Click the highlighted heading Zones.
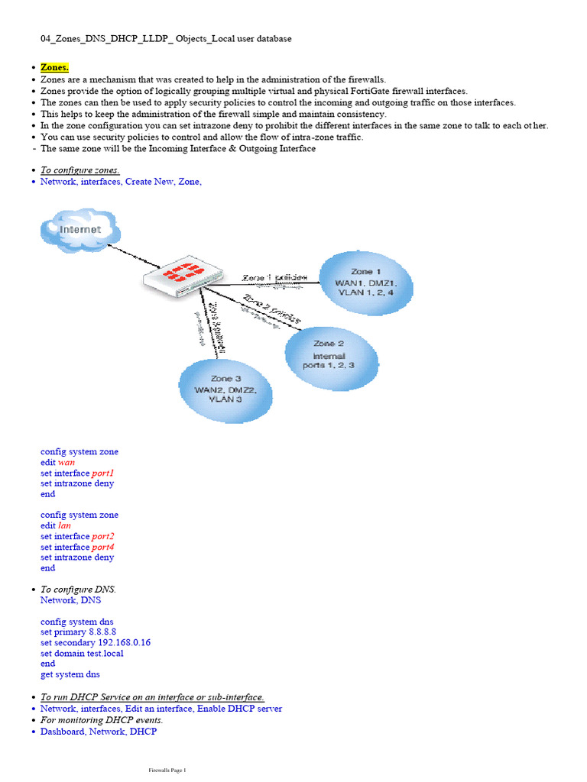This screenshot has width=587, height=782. [x=54, y=68]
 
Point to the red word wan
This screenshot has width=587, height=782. [x=66, y=462]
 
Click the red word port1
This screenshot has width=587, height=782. [x=102, y=473]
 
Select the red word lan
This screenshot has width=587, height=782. [x=65, y=525]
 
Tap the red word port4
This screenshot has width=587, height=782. [x=102, y=547]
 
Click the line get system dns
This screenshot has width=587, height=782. [x=70, y=674]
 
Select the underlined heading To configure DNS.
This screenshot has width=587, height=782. [x=78, y=590]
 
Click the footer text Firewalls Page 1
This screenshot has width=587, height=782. [x=167, y=770]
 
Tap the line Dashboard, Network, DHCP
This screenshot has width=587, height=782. [x=98, y=732]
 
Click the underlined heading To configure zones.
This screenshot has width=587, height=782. [x=79, y=170]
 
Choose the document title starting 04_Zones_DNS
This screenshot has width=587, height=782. [x=165, y=38]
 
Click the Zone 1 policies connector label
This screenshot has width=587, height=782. [x=275, y=276]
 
